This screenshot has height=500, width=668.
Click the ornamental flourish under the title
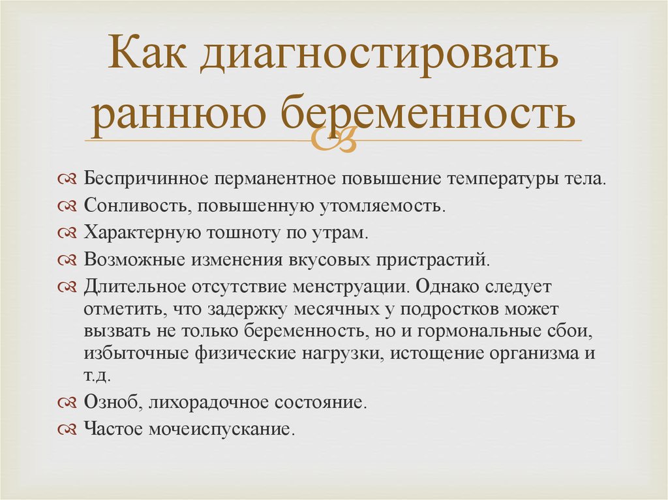tap(333, 139)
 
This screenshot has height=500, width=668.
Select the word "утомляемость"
tap(381, 206)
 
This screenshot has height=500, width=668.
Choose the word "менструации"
tap(356, 286)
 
